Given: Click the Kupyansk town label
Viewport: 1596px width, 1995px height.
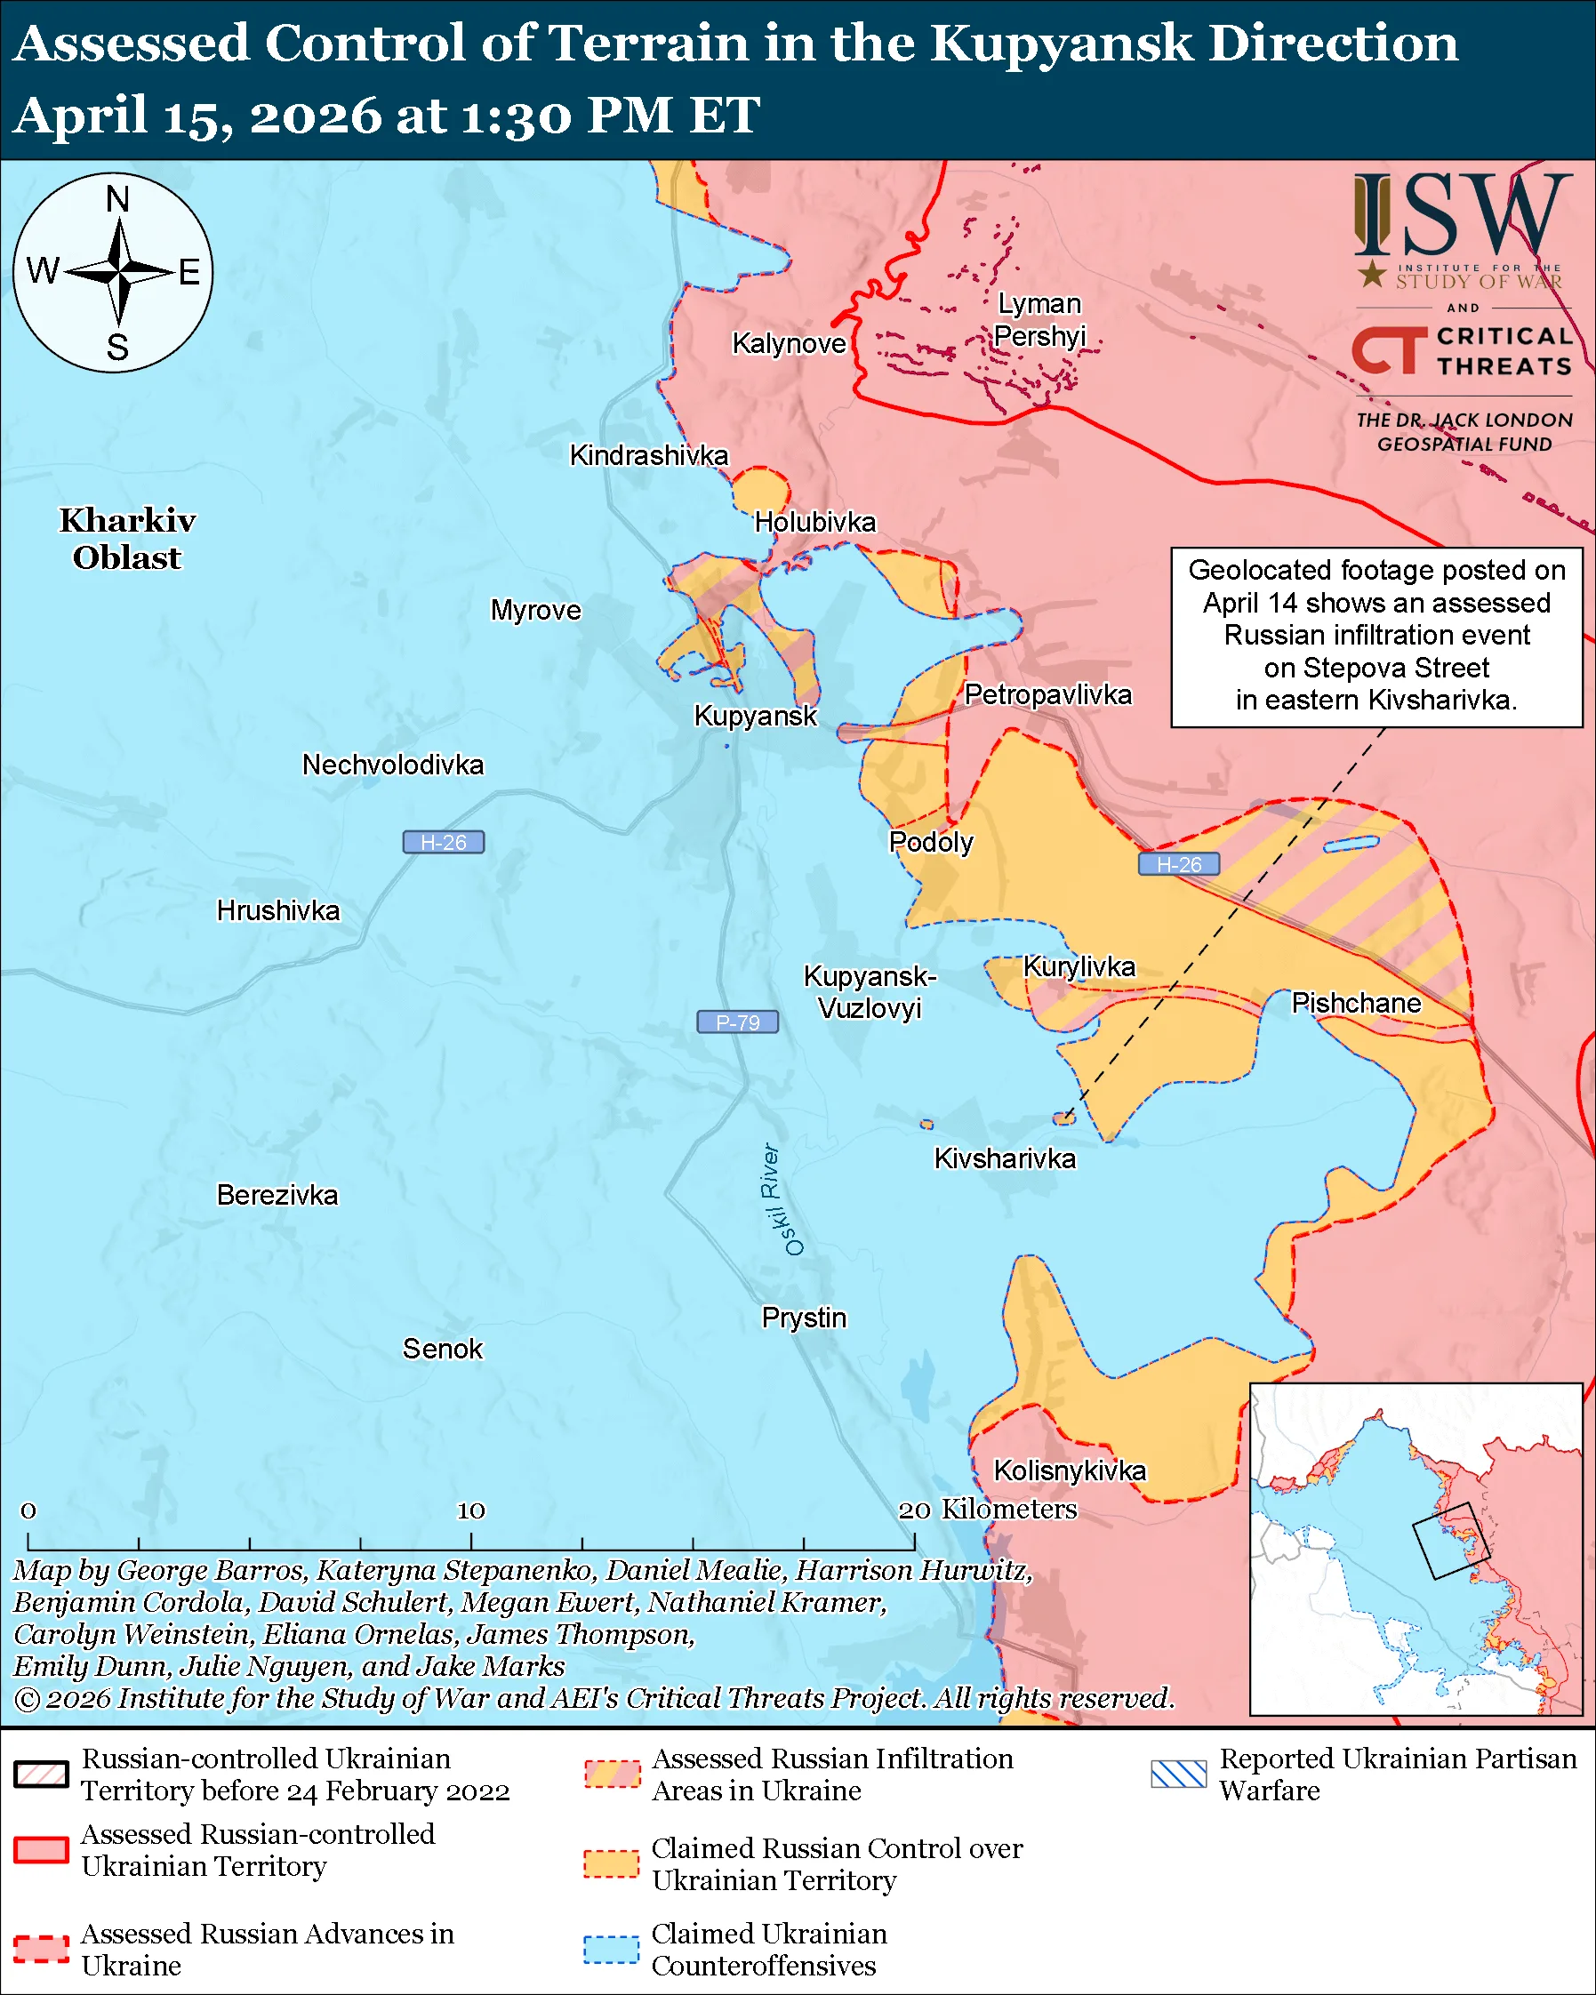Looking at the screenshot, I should [755, 716].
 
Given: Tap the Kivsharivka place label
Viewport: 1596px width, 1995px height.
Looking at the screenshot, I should [1004, 1158].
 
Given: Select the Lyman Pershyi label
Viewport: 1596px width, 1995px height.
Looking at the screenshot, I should [1039, 319].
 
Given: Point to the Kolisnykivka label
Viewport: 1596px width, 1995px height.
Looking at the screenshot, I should [1069, 1470].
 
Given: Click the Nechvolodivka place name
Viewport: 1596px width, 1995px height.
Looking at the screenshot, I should [392, 765].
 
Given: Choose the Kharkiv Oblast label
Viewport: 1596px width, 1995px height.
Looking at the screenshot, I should [127, 539].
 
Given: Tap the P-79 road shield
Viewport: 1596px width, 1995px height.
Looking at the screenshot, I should [737, 1022].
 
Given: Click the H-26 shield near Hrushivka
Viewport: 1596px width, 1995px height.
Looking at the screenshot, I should [443, 842].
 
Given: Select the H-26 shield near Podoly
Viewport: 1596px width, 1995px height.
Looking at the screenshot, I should [1178, 864].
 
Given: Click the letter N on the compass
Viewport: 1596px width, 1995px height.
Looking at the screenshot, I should [117, 199].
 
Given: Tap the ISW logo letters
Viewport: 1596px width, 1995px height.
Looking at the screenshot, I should [1462, 218].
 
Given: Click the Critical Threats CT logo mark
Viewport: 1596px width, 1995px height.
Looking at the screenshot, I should [1389, 349].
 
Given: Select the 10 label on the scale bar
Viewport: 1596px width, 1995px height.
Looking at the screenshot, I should [471, 1510].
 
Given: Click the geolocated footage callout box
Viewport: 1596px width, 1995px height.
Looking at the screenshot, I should [1375, 637].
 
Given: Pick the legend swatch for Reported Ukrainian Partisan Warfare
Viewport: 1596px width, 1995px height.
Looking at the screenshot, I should [1179, 1774].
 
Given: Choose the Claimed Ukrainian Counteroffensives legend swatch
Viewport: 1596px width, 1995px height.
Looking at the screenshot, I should [611, 1949].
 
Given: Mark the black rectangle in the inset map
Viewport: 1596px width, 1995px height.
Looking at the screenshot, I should [1451, 1541].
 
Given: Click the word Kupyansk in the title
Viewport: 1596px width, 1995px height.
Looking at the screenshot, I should [1061, 44].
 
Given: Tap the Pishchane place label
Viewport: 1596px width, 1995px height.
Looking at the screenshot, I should [1355, 1003].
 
